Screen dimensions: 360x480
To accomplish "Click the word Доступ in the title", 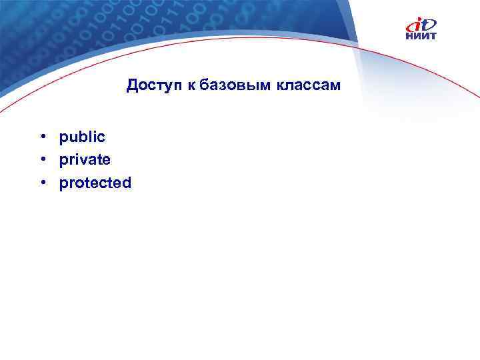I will pyautogui.click(x=151, y=86).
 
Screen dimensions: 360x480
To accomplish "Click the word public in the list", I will pyautogui.click(x=82, y=137).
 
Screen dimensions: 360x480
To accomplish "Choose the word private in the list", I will pyautogui.click(x=85, y=160).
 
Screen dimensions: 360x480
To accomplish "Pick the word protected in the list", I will pyautogui.click(x=95, y=183).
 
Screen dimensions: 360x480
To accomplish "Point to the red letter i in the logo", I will pyautogui.click(x=415, y=25).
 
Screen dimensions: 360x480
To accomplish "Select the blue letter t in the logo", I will pyautogui.click(x=427, y=24).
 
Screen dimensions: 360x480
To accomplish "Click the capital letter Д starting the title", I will pyautogui.click(x=132, y=86).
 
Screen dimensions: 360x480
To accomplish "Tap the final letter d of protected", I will pyautogui.click(x=127, y=183).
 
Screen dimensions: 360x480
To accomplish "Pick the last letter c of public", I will pyautogui.click(x=102, y=137).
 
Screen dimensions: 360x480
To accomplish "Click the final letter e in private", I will pyautogui.click(x=107, y=161).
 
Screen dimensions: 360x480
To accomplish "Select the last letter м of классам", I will pyautogui.click(x=336, y=87).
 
